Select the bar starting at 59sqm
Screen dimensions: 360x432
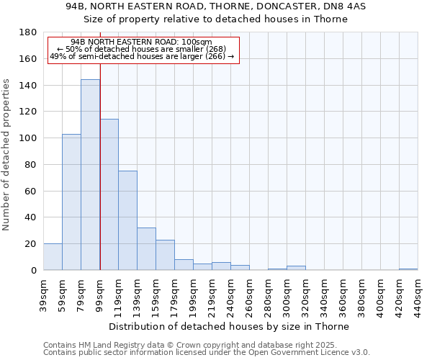pos(71,202)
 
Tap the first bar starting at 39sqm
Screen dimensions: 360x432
pos(53,257)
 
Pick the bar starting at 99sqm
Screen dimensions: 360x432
pos(109,194)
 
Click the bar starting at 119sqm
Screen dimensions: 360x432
pos(127,220)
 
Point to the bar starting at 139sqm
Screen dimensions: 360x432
pos(146,249)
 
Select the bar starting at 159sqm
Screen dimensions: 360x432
pos(165,255)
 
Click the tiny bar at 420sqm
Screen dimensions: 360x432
pos(408,269)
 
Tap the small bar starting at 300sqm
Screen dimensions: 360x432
pos(296,268)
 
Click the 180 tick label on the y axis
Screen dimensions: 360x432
pos(28,32)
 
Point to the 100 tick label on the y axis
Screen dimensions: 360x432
pos(28,138)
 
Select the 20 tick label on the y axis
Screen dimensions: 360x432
pos(31,244)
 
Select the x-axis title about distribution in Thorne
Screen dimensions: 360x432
pos(230,326)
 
